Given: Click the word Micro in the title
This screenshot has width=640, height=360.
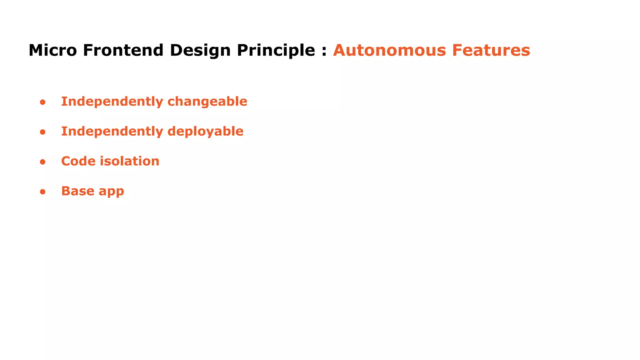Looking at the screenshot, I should pos(52,50).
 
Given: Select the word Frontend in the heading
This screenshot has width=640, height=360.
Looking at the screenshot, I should pos(123,50).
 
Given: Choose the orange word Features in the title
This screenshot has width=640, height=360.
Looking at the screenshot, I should pos(491,50).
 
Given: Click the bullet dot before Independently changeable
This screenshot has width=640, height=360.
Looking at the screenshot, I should pos(43,102).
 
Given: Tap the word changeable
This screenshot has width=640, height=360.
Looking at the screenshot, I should pos(207,102).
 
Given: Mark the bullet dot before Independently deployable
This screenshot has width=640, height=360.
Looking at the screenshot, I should pos(43,132).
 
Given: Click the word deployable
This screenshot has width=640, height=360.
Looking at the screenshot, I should pos(205,132).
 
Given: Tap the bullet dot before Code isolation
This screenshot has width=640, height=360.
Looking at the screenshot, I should pos(43,162).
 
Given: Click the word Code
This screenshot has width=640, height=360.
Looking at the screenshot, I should pos(78,161).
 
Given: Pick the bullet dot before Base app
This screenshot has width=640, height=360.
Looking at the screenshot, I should pos(43,192).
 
